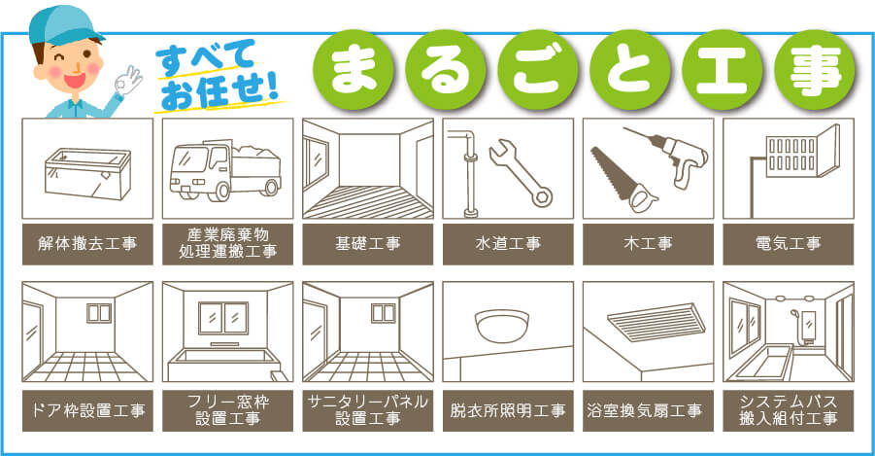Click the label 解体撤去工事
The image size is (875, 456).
click(87, 244)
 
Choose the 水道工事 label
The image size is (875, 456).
click(508, 244)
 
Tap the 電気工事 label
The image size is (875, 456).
click(788, 244)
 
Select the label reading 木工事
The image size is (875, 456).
click(648, 244)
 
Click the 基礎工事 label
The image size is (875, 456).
click(368, 244)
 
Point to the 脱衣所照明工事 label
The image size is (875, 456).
click(508, 409)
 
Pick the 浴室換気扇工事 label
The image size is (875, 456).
click(648, 409)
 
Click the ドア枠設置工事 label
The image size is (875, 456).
click(87, 409)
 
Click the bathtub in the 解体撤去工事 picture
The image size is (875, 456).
click(86, 175)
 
